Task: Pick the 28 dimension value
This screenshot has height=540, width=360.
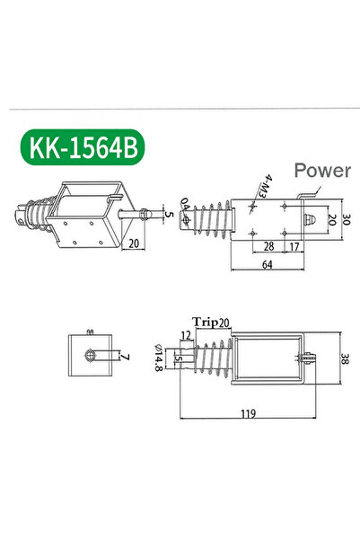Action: click(x=268, y=246)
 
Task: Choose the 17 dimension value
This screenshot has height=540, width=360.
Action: click(x=294, y=246)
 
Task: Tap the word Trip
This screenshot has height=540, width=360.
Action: click(x=203, y=322)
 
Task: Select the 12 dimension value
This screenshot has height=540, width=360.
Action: click(x=186, y=336)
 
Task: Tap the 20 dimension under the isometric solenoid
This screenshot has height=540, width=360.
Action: click(x=133, y=242)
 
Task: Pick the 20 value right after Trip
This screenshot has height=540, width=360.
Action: click(x=224, y=322)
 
